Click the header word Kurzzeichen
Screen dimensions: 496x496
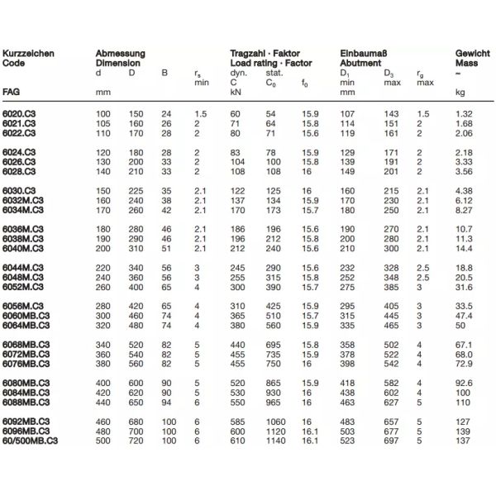(29, 53)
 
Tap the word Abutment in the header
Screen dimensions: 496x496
(360, 62)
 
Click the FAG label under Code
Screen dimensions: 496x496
(12, 91)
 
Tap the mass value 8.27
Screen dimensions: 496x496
(464, 211)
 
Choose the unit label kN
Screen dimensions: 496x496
(236, 91)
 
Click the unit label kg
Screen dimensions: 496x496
(460, 91)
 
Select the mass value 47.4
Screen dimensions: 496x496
(465, 316)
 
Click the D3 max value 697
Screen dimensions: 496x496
(391, 441)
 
